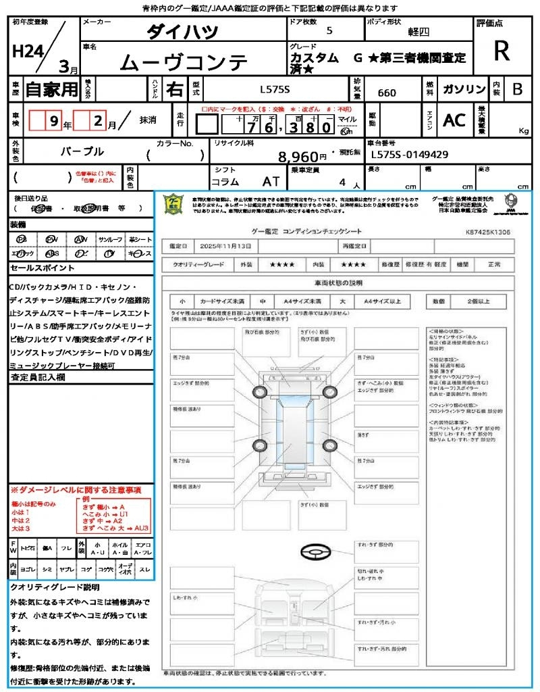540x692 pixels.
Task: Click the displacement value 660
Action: click(x=387, y=93)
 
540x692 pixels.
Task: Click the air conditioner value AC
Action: click(x=454, y=120)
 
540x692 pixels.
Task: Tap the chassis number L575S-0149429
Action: click(x=410, y=154)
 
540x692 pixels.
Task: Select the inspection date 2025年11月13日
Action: click(x=226, y=246)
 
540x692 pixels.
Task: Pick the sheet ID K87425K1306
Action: click(x=487, y=231)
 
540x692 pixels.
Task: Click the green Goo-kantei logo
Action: click(x=175, y=203)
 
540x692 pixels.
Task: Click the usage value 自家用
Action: click(x=52, y=89)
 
